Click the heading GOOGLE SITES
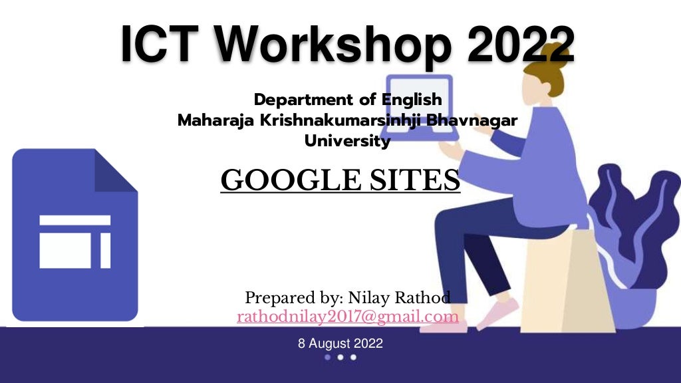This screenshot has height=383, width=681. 340,180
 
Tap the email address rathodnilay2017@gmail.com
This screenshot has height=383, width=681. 347,317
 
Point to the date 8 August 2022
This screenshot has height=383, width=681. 340,343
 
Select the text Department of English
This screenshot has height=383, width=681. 348,100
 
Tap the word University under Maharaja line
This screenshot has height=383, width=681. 347,141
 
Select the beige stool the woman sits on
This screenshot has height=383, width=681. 559,279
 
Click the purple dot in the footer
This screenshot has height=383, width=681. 327,357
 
